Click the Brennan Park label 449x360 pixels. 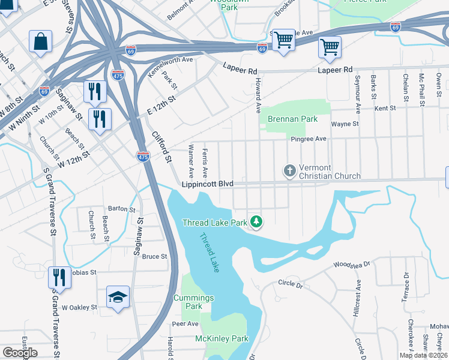(x=293, y=119)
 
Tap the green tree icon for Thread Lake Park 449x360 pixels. (x=256, y=222)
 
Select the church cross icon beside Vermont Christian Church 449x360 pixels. (x=289, y=172)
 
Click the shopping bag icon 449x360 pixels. (x=40, y=42)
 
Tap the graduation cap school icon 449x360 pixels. (x=118, y=297)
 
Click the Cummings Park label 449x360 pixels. (x=187, y=302)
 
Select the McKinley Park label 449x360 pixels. (x=221, y=338)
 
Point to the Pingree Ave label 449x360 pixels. (x=309, y=139)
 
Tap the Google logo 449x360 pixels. (x=20, y=353)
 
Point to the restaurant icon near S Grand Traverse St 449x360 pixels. (x=58, y=277)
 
